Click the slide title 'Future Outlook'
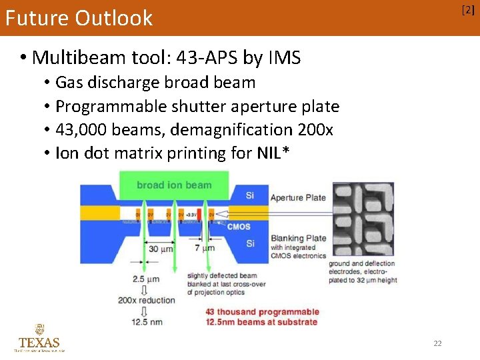pyautogui.click(x=79, y=18)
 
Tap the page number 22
pyautogui.click(x=437, y=343)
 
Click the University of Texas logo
pyautogui.click(x=39, y=338)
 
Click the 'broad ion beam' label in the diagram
pyautogui.click(x=174, y=185)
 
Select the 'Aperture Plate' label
pyautogui.click(x=298, y=197)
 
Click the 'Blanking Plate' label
pyautogui.click(x=298, y=238)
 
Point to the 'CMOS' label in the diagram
pyautogui.click(x=239, y=227)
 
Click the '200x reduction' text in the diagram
pyautogui.click(x=147, y=300)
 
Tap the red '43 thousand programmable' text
pyautogui.click(x=262, y=312)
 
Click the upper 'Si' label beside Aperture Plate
pyautogui.click(x=250, y=195)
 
